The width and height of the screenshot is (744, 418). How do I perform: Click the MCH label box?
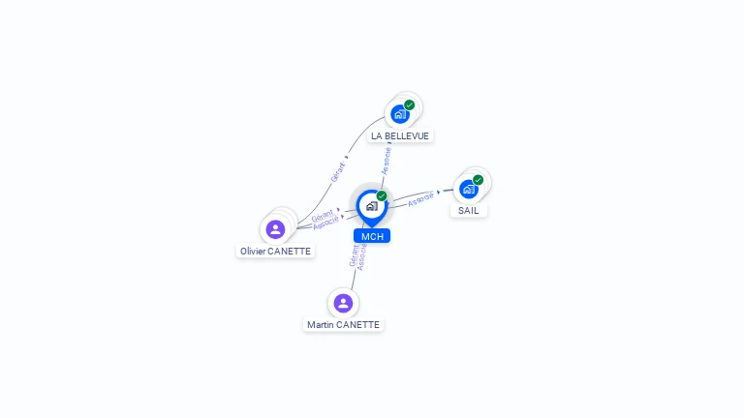[372, 236]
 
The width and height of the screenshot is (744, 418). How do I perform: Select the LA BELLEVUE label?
[400, 136]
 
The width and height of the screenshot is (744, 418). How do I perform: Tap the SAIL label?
[469, 210]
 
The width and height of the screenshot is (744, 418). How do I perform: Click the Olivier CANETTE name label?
[276, 251]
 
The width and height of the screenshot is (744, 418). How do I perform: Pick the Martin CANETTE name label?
[343, 325]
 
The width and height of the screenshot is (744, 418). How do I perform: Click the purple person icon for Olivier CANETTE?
[275, 229]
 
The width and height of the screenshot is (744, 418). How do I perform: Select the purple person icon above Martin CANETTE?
[343, 303]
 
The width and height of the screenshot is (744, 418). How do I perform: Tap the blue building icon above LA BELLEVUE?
[398, 114]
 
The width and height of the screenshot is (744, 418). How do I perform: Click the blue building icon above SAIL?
[469, 189]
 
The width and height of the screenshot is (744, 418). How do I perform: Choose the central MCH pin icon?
[371, 206]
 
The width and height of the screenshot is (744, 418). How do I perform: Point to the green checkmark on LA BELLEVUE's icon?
[410, 104]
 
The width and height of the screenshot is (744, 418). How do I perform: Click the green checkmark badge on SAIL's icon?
[479, 179]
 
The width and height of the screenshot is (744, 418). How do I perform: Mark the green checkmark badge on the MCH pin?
[382, 195]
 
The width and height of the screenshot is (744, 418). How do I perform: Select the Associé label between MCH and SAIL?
[420, 200]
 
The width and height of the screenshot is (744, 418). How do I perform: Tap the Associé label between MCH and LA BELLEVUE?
[387, 161]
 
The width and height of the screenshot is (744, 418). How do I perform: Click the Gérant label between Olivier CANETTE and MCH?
[323, 216]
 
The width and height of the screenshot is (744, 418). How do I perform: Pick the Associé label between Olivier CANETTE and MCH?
[325, 224]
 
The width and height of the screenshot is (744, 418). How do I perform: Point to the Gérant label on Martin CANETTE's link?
[354, 254]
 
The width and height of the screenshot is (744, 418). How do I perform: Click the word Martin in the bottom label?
[321, 325]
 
